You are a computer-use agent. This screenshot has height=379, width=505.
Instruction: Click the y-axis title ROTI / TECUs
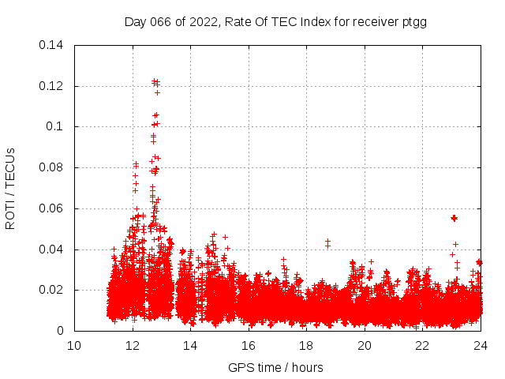[10, 188]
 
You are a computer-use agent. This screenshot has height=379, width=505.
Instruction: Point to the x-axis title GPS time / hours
[275, 367]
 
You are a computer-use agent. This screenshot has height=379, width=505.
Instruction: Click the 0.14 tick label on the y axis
[52, 45]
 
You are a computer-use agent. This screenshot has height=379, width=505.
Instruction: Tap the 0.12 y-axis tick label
[52, 86]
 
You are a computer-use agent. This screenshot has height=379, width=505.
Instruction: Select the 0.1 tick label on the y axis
[55, 126]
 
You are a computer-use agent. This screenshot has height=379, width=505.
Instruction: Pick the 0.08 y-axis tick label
[52, 167]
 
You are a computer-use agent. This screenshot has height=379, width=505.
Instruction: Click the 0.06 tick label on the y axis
[52, 208]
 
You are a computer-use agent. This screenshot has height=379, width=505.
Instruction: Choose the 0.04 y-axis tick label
[52, 250]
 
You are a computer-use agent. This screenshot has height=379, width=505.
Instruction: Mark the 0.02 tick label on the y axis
[52, 291]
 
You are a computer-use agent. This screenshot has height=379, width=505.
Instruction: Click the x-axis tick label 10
[74, 345]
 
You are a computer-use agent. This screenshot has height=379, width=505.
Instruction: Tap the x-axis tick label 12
[133, 345]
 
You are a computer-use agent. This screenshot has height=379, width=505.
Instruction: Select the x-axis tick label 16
[249, 345]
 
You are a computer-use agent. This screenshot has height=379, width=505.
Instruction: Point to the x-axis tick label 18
[306, 345]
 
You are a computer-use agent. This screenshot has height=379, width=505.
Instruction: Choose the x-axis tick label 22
[422, 345]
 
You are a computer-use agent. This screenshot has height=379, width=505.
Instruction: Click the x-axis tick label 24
[481, 345]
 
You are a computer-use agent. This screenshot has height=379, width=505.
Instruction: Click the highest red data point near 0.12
[155, 81]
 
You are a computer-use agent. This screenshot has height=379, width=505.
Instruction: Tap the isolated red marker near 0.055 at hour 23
[454, 218]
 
